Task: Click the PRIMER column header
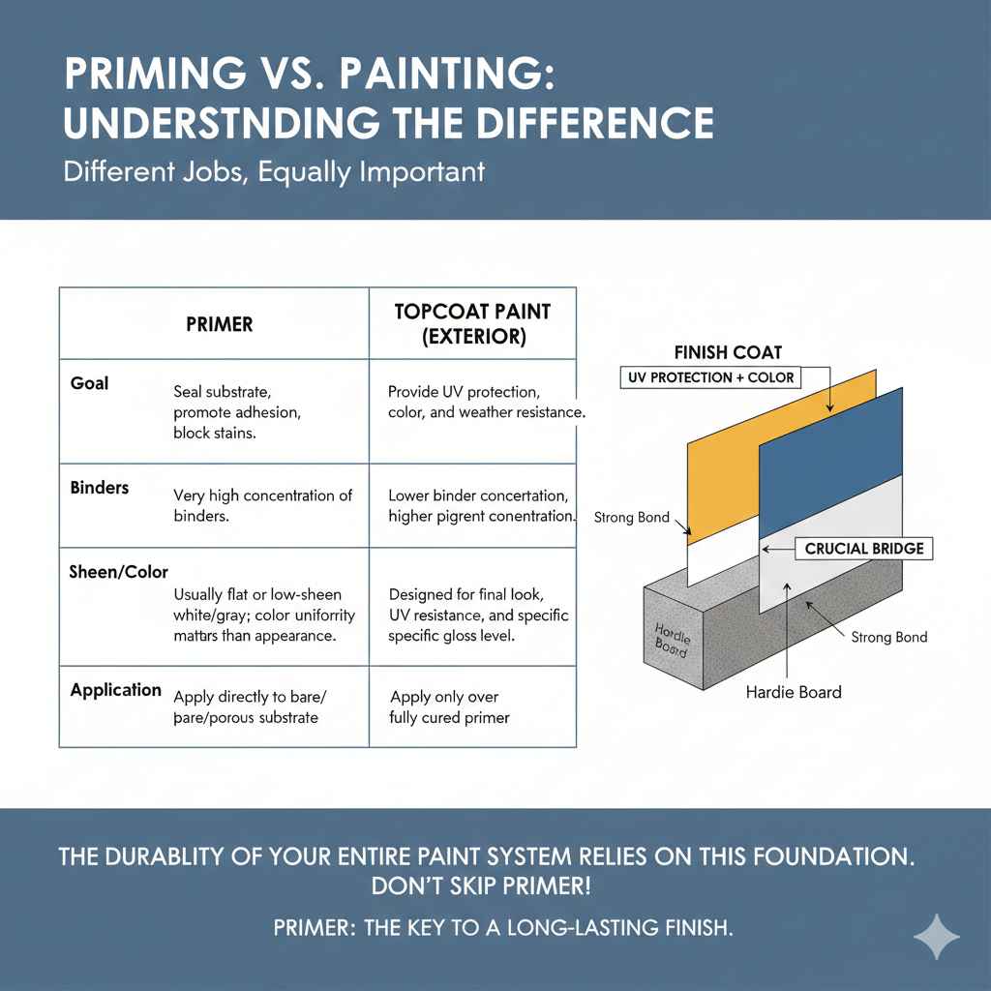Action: [x=219, y=324]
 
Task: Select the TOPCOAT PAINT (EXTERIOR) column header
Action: [x=472, y=324]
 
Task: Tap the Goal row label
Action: [x=90, y=383]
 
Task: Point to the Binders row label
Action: [x=100, y=487]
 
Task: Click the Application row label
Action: [x=116, y=690]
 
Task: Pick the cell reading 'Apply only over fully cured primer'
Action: [x=449, y=707]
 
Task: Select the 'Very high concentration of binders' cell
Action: [x=262, y=504]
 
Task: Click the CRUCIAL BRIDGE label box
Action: [x=864, y=549]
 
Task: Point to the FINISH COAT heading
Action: [x=728, y=352]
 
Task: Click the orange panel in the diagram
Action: [x=721, y=465]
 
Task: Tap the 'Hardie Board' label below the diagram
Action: [x=794, y=692]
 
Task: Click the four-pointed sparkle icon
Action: [x=937, y=936]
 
